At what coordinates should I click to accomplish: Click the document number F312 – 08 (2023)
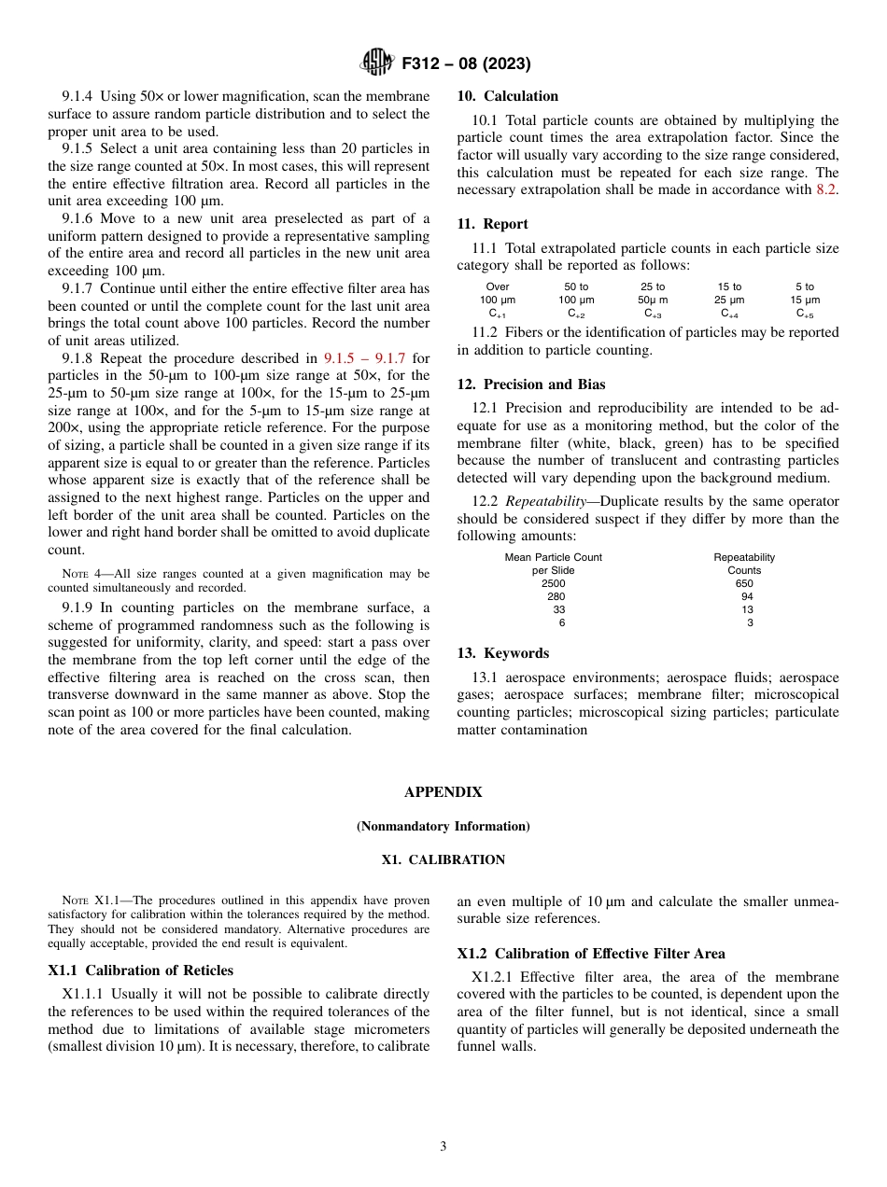466,63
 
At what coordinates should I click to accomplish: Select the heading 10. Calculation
507,96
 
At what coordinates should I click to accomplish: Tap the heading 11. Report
492,224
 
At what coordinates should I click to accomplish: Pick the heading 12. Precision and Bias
530,384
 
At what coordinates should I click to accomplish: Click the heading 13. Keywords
502,653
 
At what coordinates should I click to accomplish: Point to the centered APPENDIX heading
443,792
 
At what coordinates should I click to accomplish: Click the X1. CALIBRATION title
443,859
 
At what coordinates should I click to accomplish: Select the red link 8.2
827,189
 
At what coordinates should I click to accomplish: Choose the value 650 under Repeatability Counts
744,583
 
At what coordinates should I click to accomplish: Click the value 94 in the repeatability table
746,596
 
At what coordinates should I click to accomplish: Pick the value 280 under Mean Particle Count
556,596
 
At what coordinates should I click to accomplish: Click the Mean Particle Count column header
553,557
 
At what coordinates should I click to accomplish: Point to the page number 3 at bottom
443,1147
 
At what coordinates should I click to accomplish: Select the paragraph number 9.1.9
78,608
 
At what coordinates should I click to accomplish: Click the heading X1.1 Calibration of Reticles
140,971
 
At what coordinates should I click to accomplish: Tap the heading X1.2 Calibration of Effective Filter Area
591,954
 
